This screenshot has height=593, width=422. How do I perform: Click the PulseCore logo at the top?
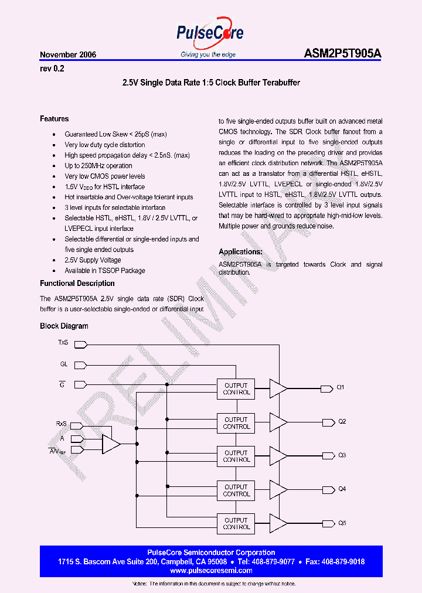(x=210, y=35)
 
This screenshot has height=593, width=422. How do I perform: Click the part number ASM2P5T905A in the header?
(x=343, y=54)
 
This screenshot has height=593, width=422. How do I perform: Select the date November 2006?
(x=68, y=54)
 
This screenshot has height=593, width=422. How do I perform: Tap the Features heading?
(x=54, y=119)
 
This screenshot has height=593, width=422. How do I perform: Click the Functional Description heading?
(x=77, y=284)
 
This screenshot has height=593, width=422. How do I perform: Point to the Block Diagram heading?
(x=64, y=326)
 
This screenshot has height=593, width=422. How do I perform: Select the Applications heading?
(x=240, y=252)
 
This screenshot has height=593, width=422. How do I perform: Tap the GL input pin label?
(x=64, y=364)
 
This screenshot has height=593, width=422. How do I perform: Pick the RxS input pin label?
(x=61, y=423)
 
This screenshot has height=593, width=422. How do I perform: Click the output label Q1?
(x=341, y=388)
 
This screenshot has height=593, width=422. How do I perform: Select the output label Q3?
(x=342, y=455)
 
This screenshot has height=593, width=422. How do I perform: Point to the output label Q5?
(x=342, y=523)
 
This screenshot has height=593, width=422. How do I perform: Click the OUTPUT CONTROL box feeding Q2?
(x=236, y=423)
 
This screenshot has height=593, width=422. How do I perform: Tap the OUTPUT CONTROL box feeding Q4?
(x=236, y=490)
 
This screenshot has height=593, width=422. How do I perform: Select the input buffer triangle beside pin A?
(x=110, y=444)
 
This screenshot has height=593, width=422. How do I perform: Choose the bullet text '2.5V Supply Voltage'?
(x=93, y=260)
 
